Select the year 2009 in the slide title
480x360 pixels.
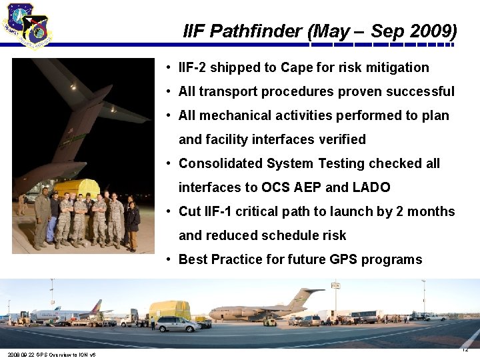point(433,31)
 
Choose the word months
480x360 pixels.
point(429,211)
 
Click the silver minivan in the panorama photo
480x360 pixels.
point(177,324)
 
